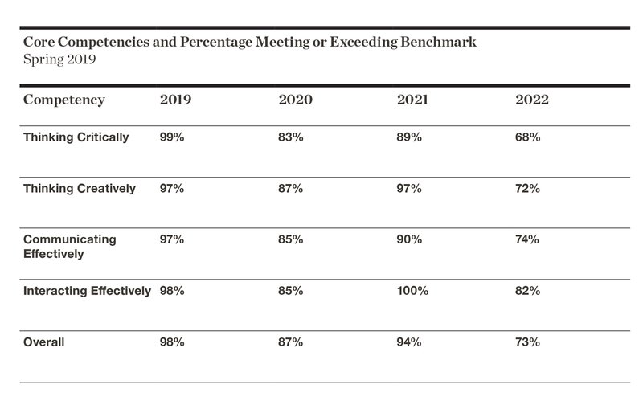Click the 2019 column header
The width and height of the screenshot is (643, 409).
175,100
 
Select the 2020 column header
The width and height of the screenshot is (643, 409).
295,100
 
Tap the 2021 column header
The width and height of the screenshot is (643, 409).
412,100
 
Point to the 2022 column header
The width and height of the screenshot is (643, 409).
532,100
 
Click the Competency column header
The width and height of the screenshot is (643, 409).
64,100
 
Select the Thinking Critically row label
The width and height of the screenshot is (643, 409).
76,137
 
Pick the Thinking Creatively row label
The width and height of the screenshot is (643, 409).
79,189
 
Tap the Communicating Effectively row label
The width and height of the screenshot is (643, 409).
70,247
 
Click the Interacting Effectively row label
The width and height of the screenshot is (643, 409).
87,291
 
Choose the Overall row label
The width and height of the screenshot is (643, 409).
44,342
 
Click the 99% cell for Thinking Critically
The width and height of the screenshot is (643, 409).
172,137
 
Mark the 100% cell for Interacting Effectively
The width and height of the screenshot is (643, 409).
412,291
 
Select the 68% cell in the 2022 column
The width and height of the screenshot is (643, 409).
528,137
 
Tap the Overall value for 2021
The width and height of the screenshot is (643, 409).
409,342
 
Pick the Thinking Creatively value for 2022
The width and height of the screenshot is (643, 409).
528,189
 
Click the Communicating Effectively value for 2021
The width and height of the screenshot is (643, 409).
409,239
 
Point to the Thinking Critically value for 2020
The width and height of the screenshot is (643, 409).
291,137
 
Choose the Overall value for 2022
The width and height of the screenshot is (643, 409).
528,342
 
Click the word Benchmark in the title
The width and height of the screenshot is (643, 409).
438,42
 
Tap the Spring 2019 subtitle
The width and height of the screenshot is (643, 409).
59,59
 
